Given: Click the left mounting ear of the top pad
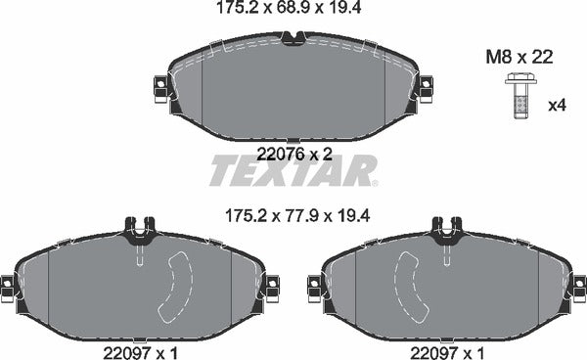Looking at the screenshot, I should pos(159,89).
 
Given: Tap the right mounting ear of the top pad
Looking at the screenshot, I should pos(426,89).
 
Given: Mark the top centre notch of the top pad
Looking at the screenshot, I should pos(293,39).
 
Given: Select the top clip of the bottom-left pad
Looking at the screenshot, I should pos(140,231).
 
